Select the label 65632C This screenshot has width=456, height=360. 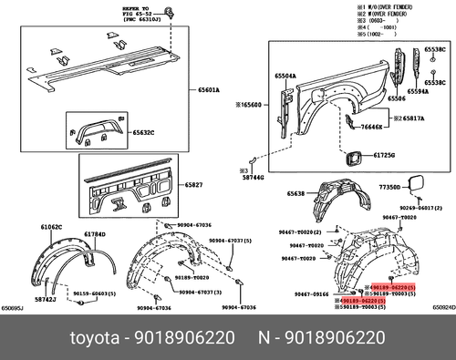(x=142, y=132)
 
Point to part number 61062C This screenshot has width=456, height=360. (x=51, y=226)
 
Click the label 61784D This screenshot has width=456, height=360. (x=95, y=234)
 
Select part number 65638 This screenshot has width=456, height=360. (x=297, y=194)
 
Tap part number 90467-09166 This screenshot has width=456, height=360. (x=313, y=293)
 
